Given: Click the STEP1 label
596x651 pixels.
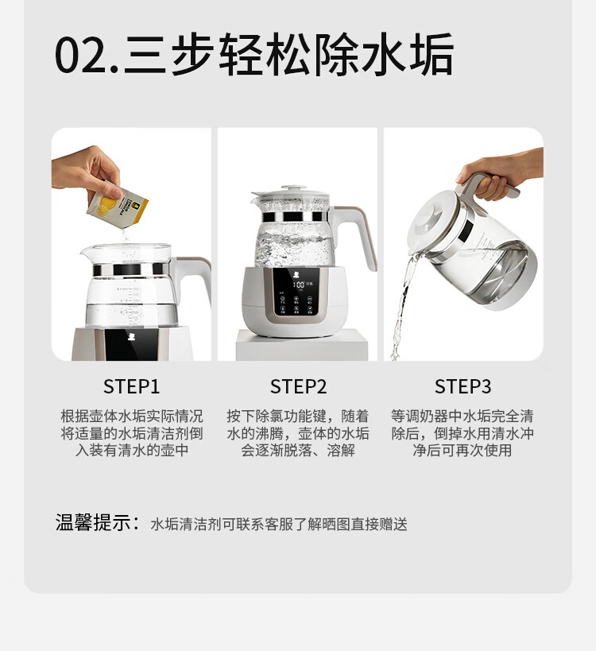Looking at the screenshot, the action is [131, 386].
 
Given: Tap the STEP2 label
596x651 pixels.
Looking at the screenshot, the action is [299, 386].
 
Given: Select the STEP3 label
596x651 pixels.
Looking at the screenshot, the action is [462, 386].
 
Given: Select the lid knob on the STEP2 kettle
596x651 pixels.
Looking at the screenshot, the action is [293, 188].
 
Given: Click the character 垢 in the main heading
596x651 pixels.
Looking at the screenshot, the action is [432, 55].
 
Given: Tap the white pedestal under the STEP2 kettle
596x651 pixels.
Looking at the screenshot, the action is [302, 346].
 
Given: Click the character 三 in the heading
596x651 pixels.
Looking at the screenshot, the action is [145, 55].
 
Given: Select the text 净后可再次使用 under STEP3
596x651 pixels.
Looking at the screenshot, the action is [462, 450].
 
